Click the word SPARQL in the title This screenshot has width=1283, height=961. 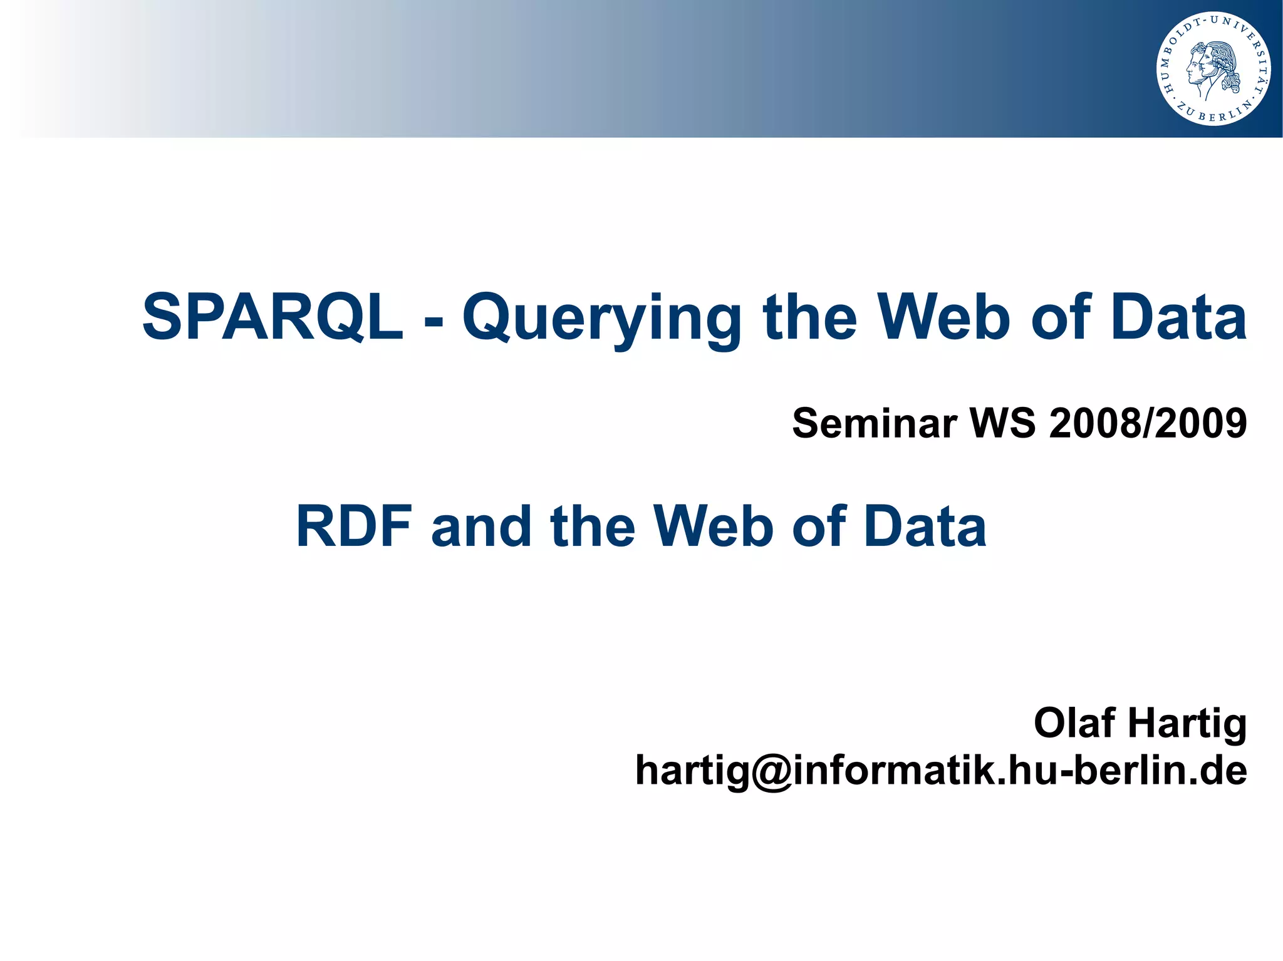273,317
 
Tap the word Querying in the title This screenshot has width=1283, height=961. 601,319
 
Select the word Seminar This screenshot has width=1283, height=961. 875,423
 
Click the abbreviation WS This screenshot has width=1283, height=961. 1002,423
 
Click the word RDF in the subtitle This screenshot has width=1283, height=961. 354,527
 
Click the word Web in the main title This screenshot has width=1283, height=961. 943,317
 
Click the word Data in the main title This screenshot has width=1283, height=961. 1178,317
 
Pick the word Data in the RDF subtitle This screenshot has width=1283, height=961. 924,527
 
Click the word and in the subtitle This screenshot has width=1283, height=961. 481,527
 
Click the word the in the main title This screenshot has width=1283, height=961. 809,317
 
